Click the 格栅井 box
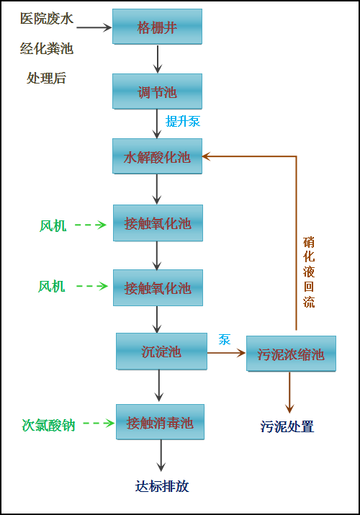[157, 27]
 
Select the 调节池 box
[157, 91]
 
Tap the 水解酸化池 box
[157, 156]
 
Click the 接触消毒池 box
[161, 421]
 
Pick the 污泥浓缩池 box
[290, 354]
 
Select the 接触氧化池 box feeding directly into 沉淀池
[157, 287]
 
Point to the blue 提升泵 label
[183, 121]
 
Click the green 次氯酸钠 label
[48, 424]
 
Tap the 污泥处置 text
[287, 426]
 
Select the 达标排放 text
[162, 485]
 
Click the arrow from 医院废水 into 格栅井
[94, 27]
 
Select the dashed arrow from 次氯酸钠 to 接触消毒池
[99, 423]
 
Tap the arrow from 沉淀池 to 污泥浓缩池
[226, 353]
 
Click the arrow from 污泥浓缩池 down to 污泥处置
[290, 393]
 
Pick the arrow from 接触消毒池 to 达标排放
[161, 456]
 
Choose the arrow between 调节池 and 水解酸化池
[158, 123]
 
